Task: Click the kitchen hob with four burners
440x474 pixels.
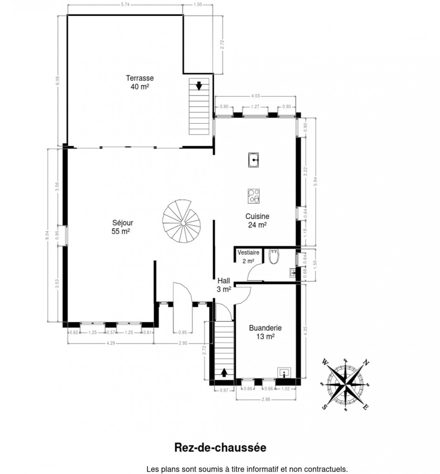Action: [254, 196]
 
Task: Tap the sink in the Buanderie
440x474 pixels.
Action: [285, 372]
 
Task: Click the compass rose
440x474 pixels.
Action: [346, 384]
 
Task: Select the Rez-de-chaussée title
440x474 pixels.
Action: [220, 448]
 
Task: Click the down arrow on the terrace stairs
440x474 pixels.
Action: [199, 85]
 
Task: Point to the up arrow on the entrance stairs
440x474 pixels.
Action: [224, 372]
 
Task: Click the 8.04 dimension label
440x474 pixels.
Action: [47, 235]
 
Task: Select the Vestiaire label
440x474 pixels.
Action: [248, 252]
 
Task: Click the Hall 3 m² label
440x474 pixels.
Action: [224, 285]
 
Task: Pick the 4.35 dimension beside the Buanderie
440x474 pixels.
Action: [306, 330]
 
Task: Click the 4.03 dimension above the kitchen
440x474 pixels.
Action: [255, 95]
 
